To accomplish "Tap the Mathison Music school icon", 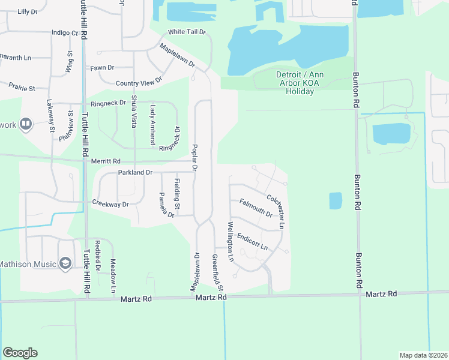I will coord(65,263).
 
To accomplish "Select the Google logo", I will coord(20,353).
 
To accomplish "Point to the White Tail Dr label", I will coord(187,31).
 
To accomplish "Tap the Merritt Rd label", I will coord(106,161).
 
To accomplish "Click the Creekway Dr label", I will coord(110,204).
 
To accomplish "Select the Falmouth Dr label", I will coord(256,208).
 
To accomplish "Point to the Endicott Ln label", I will coord(252,242).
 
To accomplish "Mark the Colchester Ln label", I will coord(275,207).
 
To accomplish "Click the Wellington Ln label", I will coord(230,241).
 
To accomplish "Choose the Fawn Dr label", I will coord(102,68).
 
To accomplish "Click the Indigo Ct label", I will coord(65,33).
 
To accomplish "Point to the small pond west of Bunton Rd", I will coord(336,200).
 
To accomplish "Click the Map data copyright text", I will coord(423,355).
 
